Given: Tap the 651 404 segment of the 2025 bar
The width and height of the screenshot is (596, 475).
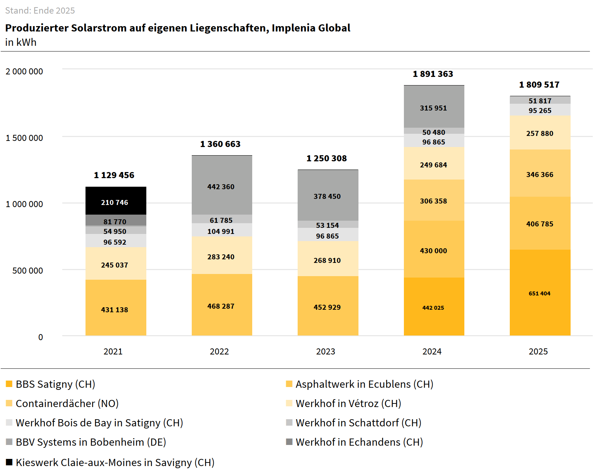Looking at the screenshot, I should pyautogui.click(x=540, y=293).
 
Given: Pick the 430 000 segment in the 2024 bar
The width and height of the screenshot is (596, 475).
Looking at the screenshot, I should pyautogui.click(x=434, y=249).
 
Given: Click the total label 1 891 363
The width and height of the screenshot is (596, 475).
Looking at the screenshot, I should pyautogui.click(x=433, y=74).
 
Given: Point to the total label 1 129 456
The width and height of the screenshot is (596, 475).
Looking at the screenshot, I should pyautogui.click(x=114, y=175).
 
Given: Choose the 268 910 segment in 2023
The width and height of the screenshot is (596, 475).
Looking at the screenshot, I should pyautogui.click(x=328, y=259).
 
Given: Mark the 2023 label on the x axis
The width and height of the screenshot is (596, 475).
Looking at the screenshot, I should pyautogui.click(x=326, y=352).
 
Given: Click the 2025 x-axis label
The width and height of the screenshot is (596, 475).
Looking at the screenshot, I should pyautogui.click(x=538, y=352).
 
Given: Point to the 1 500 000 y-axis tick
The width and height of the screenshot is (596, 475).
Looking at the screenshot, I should pyautogui.click(x=24, y=138).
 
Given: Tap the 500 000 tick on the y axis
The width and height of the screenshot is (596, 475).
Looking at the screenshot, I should pyautogui.click(x=28, y=271).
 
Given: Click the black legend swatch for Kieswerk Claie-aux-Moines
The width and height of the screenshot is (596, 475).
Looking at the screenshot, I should pyautogui.click(x=9, y=462).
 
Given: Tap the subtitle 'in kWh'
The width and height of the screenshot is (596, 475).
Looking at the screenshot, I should pyautogui.click(x=21, y=42).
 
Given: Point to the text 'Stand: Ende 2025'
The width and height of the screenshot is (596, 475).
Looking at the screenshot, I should pyautogui.click(x=40, y=11).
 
